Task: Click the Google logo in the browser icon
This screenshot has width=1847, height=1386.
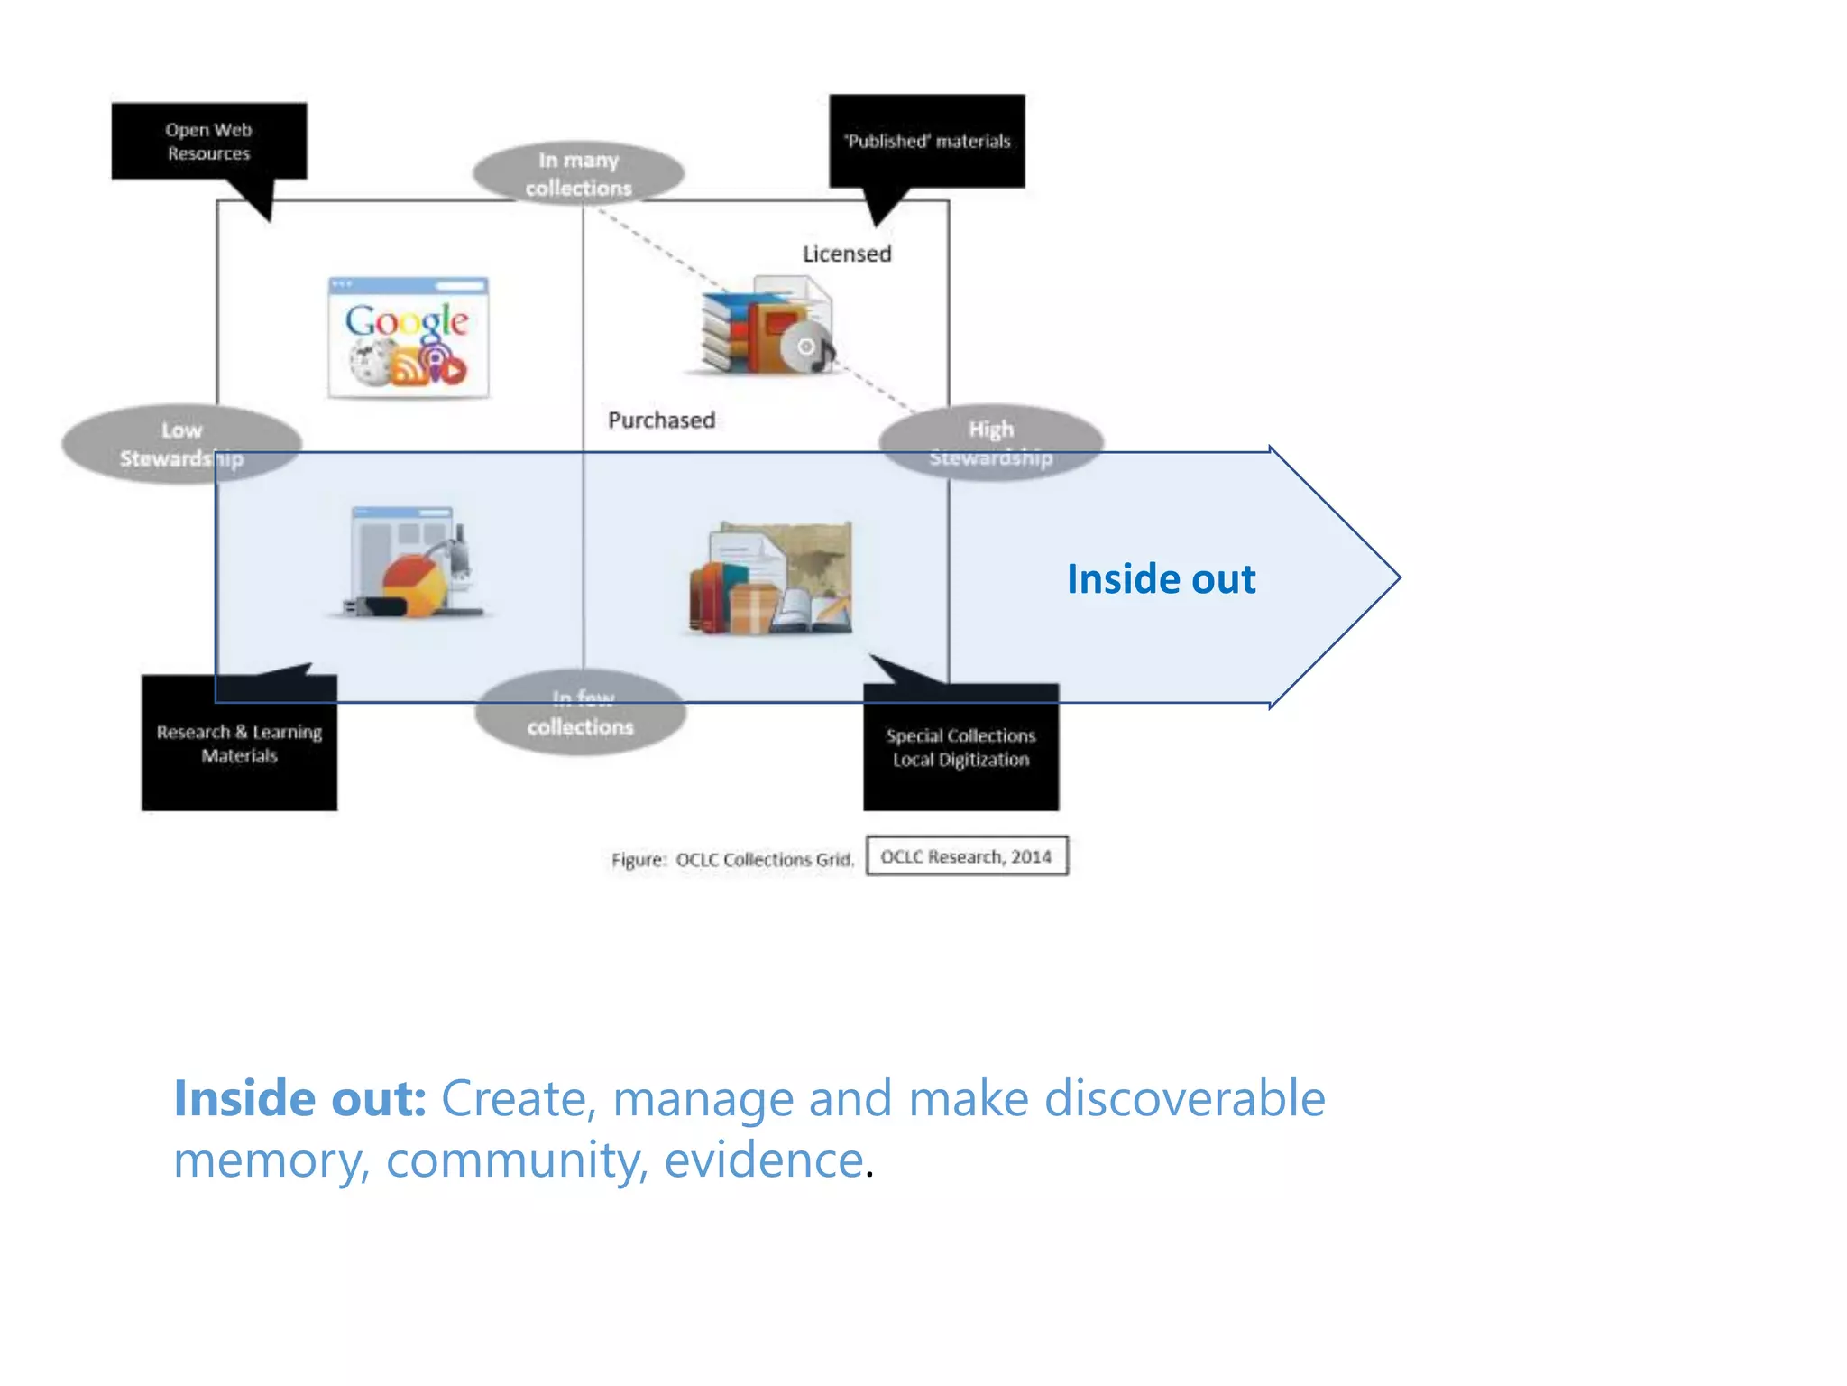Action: pyautogui.click(x=407, y=321)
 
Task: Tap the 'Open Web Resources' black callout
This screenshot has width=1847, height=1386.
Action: pyautogui.click(x=208, y=142)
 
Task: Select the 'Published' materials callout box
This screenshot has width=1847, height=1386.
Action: pyautogui.click(x=927, y=142)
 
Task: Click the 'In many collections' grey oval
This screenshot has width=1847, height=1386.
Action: pyautogui.click(x=578, y=173)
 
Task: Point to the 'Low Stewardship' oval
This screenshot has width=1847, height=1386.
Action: pyautogui.click(x=181, y=444)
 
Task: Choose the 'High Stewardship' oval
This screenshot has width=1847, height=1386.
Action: pyautogui.click(x=991, y=442)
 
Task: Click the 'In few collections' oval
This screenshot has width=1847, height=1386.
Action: pyautogui.click(x=580, y=713)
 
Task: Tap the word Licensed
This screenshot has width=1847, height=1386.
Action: pyautogui.click(x=847, y=254)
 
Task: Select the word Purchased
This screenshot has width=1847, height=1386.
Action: pyautogui.click(x=661, y=420)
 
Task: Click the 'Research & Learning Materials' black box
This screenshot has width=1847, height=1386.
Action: pyautogui.click(x=239, y=744)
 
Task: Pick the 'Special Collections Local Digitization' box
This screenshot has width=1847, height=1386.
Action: pyautogui.click(x=960, y=748)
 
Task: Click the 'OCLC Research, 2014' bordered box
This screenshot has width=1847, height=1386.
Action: pyautogui.click(x=967, y=856)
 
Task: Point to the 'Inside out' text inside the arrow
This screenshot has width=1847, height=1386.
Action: pyautogui.click(x=1161, y=579)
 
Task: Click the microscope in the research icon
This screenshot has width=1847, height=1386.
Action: pyautogui.click(x=456, y=559)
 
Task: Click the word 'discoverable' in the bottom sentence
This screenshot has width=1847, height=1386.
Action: pyautogui.click(x=1184, y=1099)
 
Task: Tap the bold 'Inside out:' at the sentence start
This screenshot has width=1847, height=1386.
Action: pyautogui.click(x=299, y=1099)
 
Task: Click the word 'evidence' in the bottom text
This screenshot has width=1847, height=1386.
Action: pyautogui.click(x=764, y=1160)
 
